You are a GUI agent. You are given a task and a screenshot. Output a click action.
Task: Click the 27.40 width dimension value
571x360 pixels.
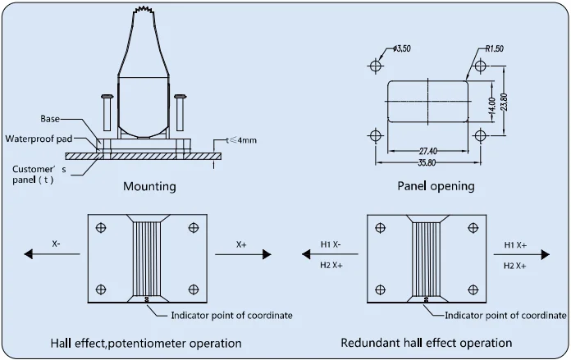(428, 150)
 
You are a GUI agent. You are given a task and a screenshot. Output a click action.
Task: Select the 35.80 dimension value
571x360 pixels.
(427, 162)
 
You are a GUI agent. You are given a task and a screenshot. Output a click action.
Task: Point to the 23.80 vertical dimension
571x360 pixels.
(504, 102)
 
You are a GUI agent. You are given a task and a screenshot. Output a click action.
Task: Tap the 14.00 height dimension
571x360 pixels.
(491, 106)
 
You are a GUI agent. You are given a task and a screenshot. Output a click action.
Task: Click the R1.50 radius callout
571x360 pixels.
(495, 48)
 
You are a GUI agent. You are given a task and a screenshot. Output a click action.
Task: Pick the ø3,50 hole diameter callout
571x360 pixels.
(402, 48)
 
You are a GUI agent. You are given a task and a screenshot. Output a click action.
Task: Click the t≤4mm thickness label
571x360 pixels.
(241, 140)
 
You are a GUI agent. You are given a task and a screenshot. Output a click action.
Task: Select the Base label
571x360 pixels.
(50, 119)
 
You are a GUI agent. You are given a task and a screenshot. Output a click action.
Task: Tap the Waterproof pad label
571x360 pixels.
(39, 139)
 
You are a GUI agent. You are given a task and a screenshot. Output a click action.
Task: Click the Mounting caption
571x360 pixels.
(149, 186)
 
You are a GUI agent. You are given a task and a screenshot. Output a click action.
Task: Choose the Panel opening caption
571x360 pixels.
(436, 186)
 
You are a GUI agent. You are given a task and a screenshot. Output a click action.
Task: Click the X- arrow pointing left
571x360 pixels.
(52, 254)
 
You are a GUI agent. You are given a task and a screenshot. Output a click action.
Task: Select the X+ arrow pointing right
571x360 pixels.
(244, 254)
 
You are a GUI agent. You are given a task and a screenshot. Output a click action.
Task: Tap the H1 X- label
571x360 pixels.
(331, 244)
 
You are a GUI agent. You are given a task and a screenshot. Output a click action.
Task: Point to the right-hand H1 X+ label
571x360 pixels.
(515, 245)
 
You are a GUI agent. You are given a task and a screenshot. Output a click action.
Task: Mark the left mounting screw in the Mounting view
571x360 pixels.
(107, 113)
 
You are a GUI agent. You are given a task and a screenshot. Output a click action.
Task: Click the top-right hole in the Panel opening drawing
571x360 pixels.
(480, 66)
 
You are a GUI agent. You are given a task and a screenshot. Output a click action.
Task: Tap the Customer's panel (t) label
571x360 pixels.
(39, 175)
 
